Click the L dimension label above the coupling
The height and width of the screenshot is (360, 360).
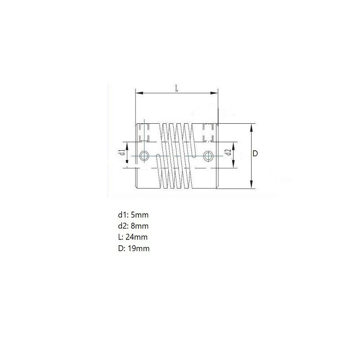click(x=177, y=88)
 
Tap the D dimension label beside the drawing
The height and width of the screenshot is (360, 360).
click(x=255, y=153)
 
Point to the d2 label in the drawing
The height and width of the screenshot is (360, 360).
click(x=229, y=152)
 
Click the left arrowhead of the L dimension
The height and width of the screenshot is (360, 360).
click(x=139, y=93)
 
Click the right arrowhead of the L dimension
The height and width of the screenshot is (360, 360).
click(x=214, y=93)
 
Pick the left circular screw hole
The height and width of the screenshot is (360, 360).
click(x=144, y=156)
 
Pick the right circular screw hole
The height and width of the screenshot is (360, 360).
click(x=208, y=156)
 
